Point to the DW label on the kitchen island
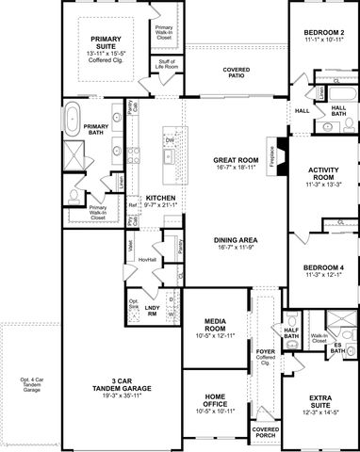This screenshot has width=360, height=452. [x=169, y=142]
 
